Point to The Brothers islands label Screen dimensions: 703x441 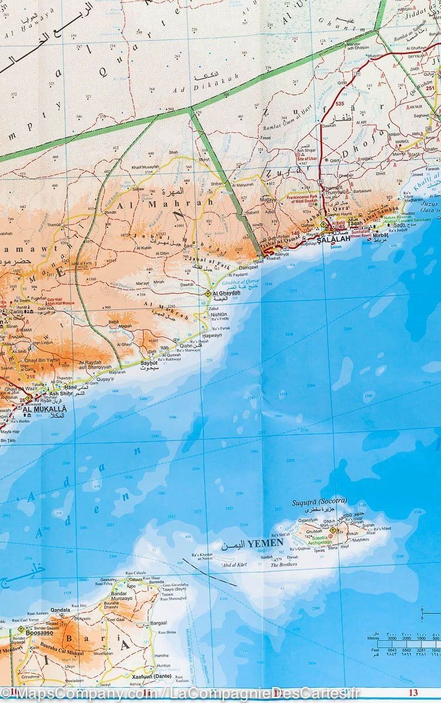click(x=284, y=565)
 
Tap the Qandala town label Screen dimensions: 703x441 click(x=60, y=610)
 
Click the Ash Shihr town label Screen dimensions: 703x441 click(x=60, y=393)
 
